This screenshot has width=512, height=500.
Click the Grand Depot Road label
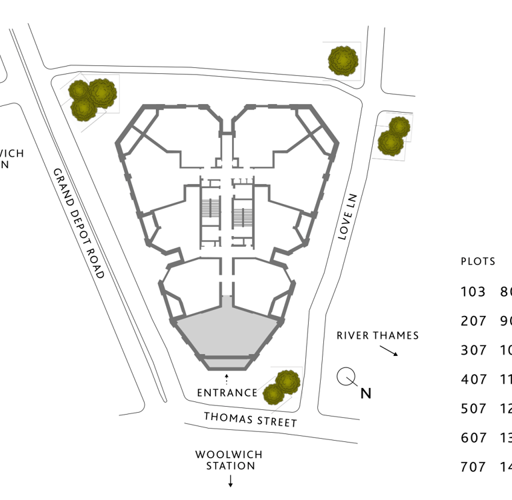tap(79, 223)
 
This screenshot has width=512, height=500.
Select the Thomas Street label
tap(250, 419)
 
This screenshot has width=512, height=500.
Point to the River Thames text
tap(377, 335)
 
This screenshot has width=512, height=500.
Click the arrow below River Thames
tap(389, 351)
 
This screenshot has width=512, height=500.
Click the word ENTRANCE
tap(227, 393)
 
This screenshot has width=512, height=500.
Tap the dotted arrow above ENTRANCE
tap(227, 379)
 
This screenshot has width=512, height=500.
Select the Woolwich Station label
tap(229, 460)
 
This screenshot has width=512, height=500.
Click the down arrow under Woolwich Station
tap(231, 481)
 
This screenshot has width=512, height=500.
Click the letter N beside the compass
tap(365, 393)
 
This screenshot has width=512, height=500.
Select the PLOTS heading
tap(478, 261)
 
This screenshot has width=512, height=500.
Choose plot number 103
tap(473, 291)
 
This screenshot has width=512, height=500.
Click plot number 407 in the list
tap(473, 379)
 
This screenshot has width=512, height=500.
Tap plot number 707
tap(473, 467)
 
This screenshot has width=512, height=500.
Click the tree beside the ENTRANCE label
tap(281, 387)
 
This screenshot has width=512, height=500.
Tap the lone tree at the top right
tap(343, 60)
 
